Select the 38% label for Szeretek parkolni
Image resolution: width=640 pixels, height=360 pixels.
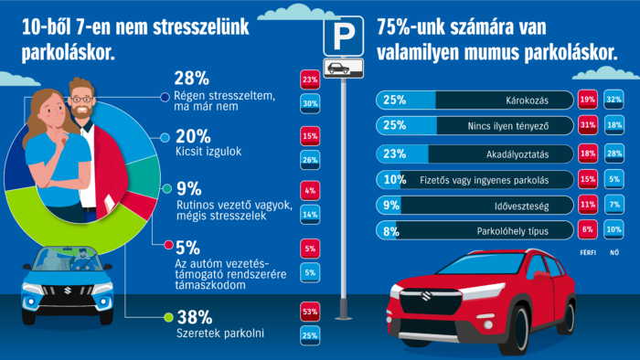point(193,318)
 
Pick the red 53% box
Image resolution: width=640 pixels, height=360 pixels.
point(309,312)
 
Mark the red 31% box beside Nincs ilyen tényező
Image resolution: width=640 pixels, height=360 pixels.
point(562,126)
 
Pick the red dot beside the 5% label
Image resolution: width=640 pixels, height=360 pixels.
point(167,245)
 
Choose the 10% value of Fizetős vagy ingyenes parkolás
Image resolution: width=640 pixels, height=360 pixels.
point(395,180)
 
